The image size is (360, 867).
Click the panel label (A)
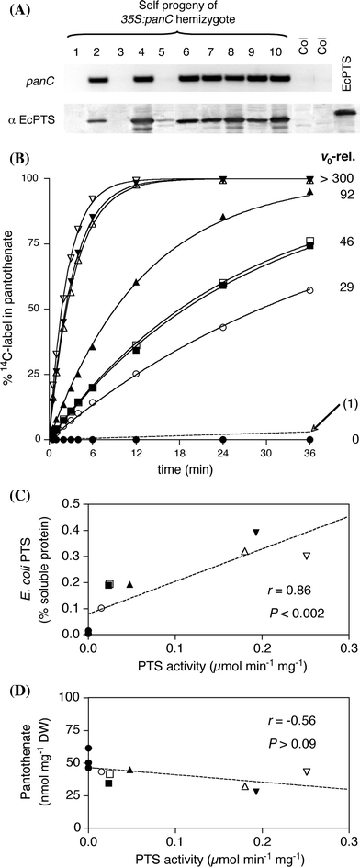pos(21,11)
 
